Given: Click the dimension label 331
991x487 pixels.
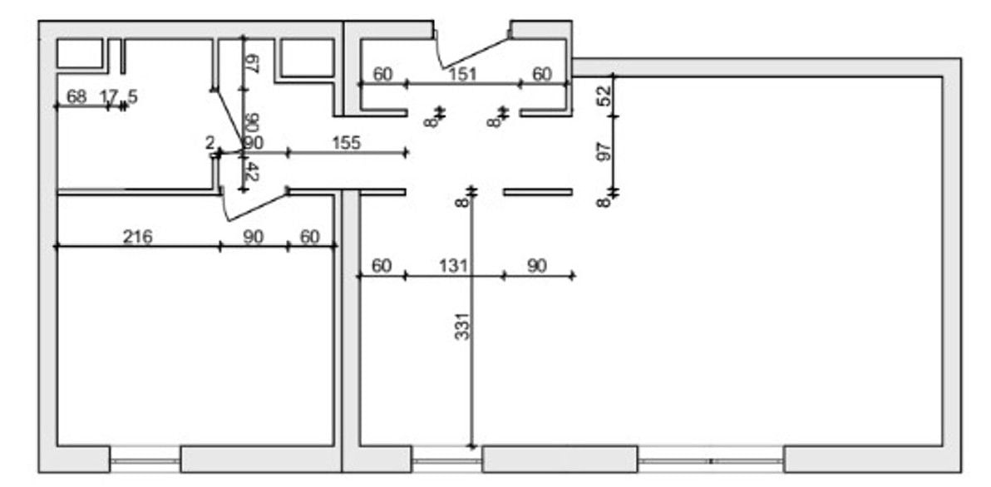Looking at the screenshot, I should pos(464,325).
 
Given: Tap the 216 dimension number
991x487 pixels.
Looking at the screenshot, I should pos(137,238).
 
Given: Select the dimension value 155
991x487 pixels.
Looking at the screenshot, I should pos(346,143).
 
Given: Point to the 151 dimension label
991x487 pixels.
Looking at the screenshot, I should pos(462,74).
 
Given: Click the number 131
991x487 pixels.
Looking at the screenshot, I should pos(454,266).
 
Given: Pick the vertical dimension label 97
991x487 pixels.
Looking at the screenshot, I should pos(604,151).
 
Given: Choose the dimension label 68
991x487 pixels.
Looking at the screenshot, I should pos(76,96).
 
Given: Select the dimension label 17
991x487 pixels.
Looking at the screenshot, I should pos(108,96).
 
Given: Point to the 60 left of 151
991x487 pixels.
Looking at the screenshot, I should pos(382,74).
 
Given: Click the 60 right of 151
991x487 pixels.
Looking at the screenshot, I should pos(541,74).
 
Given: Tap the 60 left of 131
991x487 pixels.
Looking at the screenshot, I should pos(381,266).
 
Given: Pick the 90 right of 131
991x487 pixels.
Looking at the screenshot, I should pos(537,266).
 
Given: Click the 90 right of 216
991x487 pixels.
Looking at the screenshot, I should pos(253,238).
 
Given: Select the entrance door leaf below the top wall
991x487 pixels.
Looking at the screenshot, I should pos(474,53).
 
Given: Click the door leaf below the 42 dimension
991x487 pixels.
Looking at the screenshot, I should pos(254,207).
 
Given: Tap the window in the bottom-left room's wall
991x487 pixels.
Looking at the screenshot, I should pos(145,460).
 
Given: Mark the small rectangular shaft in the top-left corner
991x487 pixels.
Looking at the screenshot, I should pos(78,53).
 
